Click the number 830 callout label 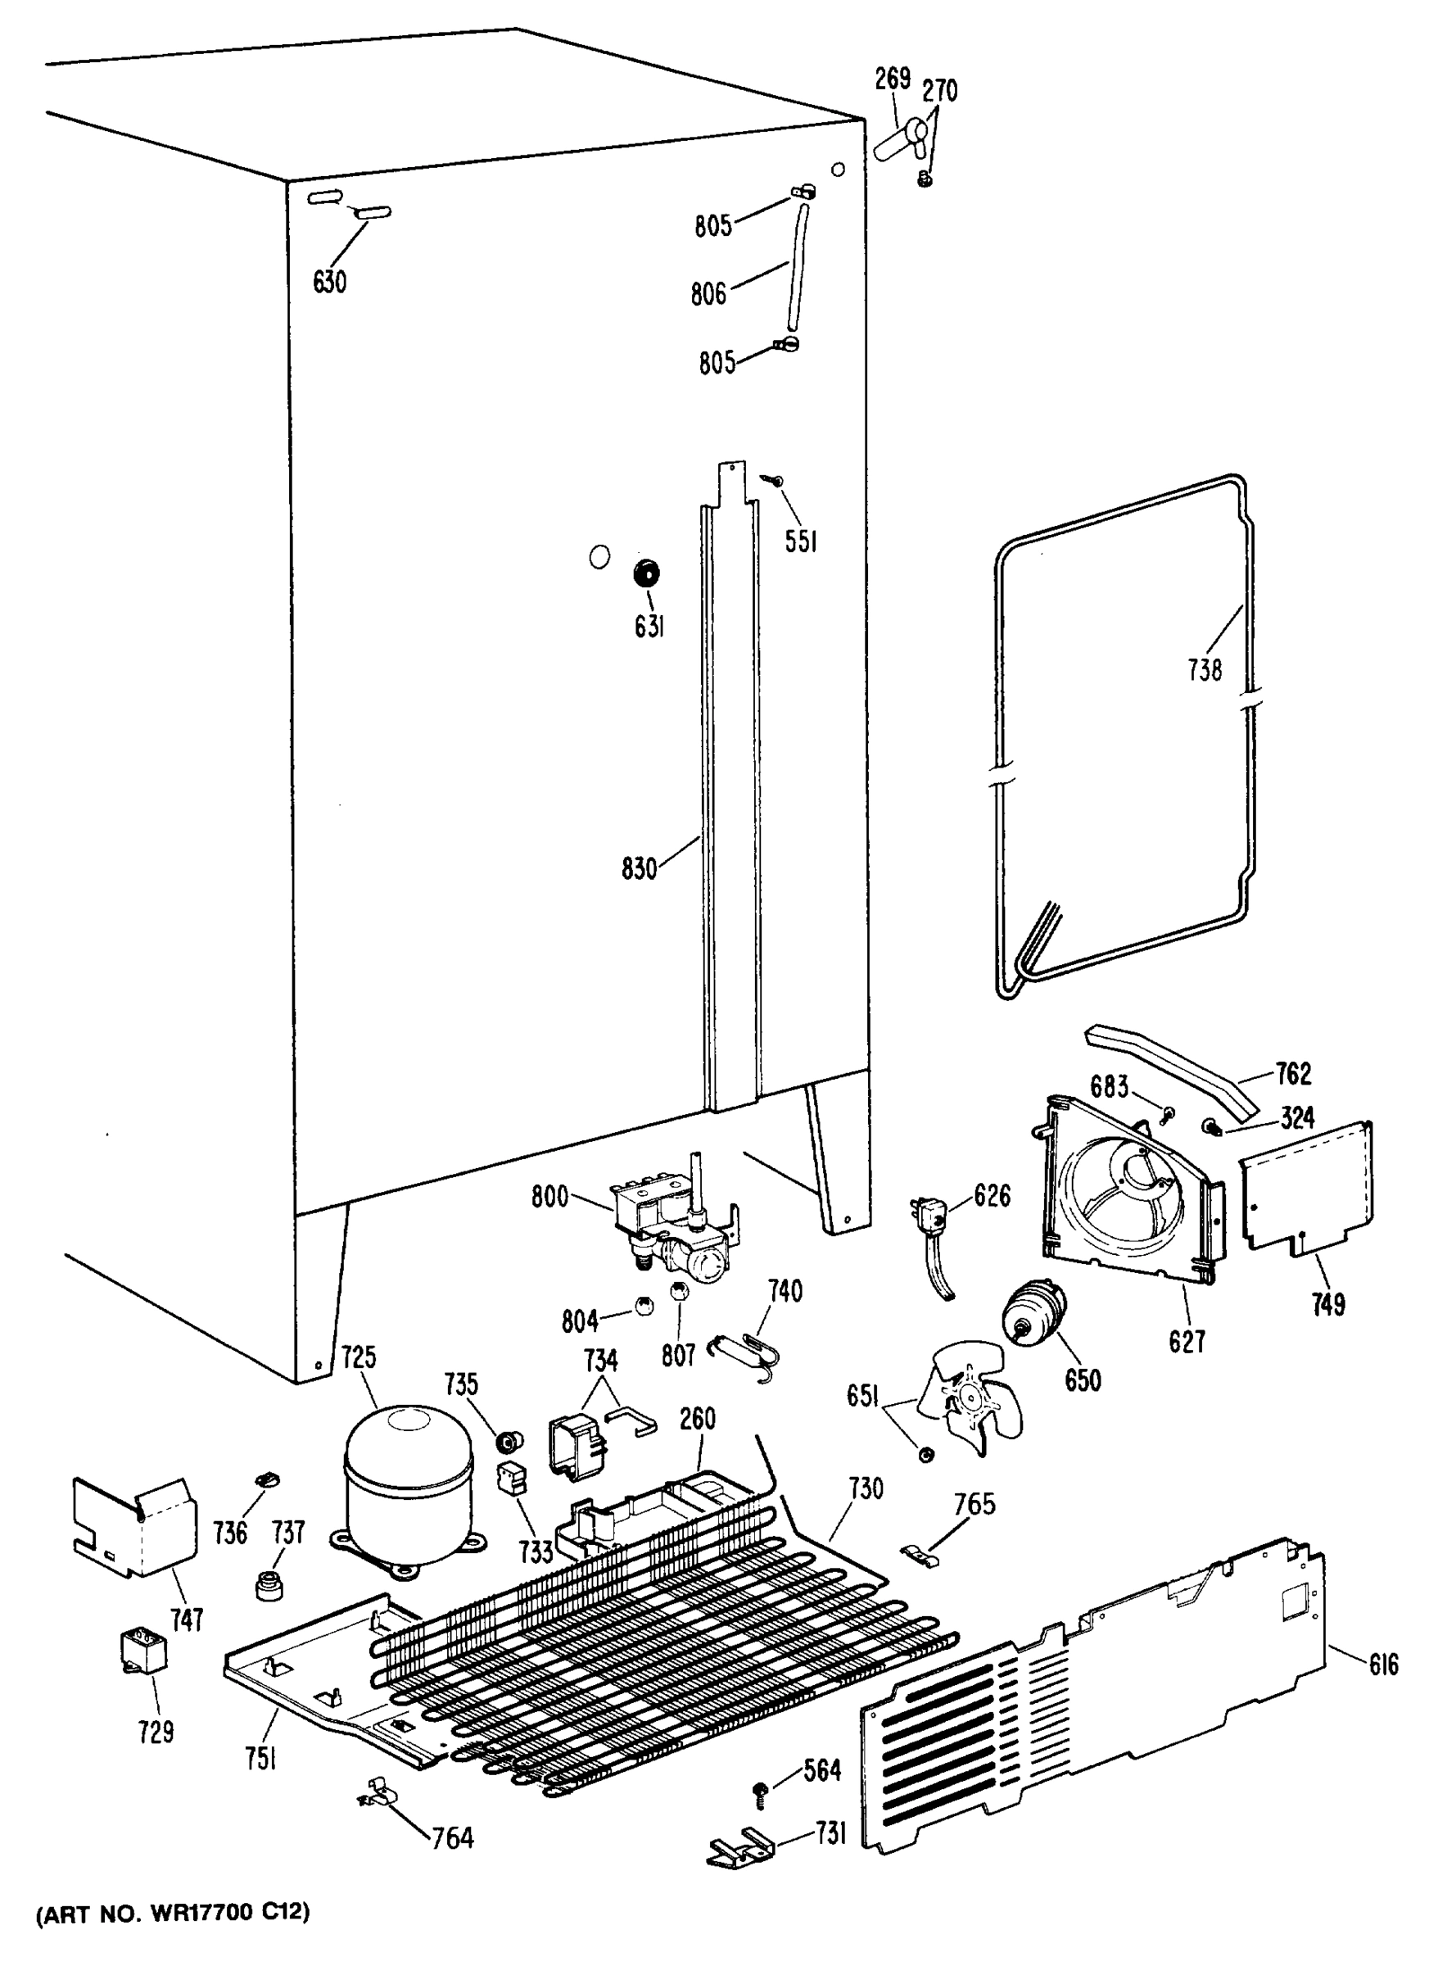point(639,868)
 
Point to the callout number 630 point(329,281)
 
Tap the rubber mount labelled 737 point(268,1586)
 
